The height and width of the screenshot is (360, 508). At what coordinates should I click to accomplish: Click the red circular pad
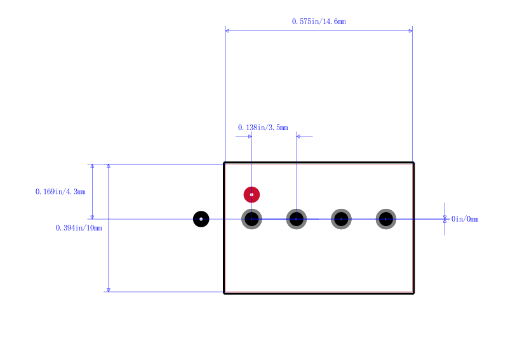click(x=251, y=195)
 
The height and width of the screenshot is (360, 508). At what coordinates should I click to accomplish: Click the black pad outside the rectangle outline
click(x=201, y=219)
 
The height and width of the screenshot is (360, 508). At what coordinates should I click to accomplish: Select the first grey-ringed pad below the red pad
click(x=251, y=219)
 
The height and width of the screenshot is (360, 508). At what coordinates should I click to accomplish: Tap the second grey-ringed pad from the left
click(x=297, y=219)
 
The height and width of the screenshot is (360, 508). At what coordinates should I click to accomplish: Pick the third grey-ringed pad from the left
click(x=341, y=219)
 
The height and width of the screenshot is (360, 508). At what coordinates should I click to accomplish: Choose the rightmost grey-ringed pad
click(x=386, y=219)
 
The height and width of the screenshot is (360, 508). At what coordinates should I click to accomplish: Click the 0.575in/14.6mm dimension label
click(x=319, y=22)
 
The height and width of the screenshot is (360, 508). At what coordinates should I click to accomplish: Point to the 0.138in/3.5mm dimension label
click(x=263, y=128)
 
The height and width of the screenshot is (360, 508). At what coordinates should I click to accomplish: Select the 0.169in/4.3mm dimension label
click(x=60, y=192)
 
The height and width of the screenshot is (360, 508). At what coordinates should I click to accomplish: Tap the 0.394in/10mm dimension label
click(x=79, y=228)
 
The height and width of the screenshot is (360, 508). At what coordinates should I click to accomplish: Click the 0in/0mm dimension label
click(x=465, y=219)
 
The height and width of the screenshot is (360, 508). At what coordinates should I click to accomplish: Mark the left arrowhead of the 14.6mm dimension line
click(x=227, y=30)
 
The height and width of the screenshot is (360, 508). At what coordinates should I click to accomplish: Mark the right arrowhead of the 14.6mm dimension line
click(x=410, y=30)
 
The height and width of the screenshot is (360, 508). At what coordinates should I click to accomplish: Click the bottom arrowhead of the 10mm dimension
click(x=109, y=290)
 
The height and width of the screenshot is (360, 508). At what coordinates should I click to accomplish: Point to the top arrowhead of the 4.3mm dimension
click(x=92, y=166)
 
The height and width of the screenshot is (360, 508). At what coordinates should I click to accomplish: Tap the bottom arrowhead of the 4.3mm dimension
click(x=92, y=217)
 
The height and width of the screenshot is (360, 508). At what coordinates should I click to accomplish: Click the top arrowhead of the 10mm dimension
click(x=109, y=166)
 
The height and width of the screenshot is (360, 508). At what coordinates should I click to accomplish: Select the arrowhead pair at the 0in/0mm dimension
click(x=445, y=219)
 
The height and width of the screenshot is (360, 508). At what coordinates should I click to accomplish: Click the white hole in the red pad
click(x=251, y=195)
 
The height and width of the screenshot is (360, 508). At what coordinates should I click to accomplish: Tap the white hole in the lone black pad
click(x=201, y=219)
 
